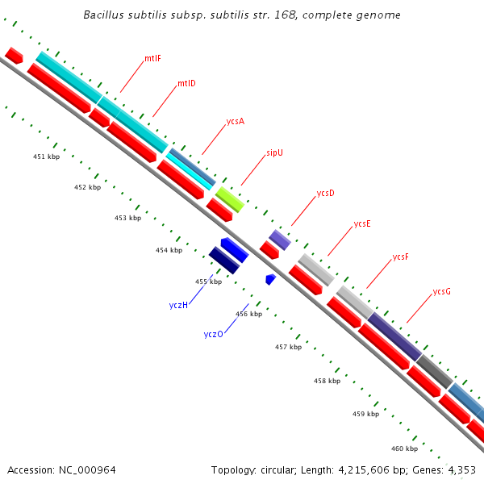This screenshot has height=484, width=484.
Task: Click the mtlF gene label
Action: pos(153,59)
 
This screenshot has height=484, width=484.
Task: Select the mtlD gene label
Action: pos(186,83)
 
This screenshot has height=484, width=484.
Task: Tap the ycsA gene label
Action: pos(235,121)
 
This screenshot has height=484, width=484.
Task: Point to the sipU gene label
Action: pos(274,152)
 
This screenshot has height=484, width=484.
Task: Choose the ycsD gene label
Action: pos(325,193)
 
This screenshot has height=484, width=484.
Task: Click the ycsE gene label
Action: pos(362,224)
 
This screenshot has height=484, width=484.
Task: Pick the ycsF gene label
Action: pos(401,257)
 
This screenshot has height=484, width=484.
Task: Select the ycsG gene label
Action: pos(441,291)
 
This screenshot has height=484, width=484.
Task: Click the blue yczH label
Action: pos(178,305)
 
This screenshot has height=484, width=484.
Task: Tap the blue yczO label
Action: pos(213,334)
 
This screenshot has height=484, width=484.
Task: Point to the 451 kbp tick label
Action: pos(46,156)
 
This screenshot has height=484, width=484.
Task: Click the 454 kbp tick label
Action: pos(169,251)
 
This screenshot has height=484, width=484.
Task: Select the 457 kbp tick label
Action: pos(288,347)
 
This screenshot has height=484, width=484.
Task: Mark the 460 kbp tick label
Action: pos(404,449)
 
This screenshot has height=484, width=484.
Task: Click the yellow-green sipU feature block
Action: pos(229,198)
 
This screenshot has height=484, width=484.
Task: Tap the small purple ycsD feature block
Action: pos(279,240)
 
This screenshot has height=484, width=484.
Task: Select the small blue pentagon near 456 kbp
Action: pos(270,279)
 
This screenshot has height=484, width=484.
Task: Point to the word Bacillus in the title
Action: pos(106,15)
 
